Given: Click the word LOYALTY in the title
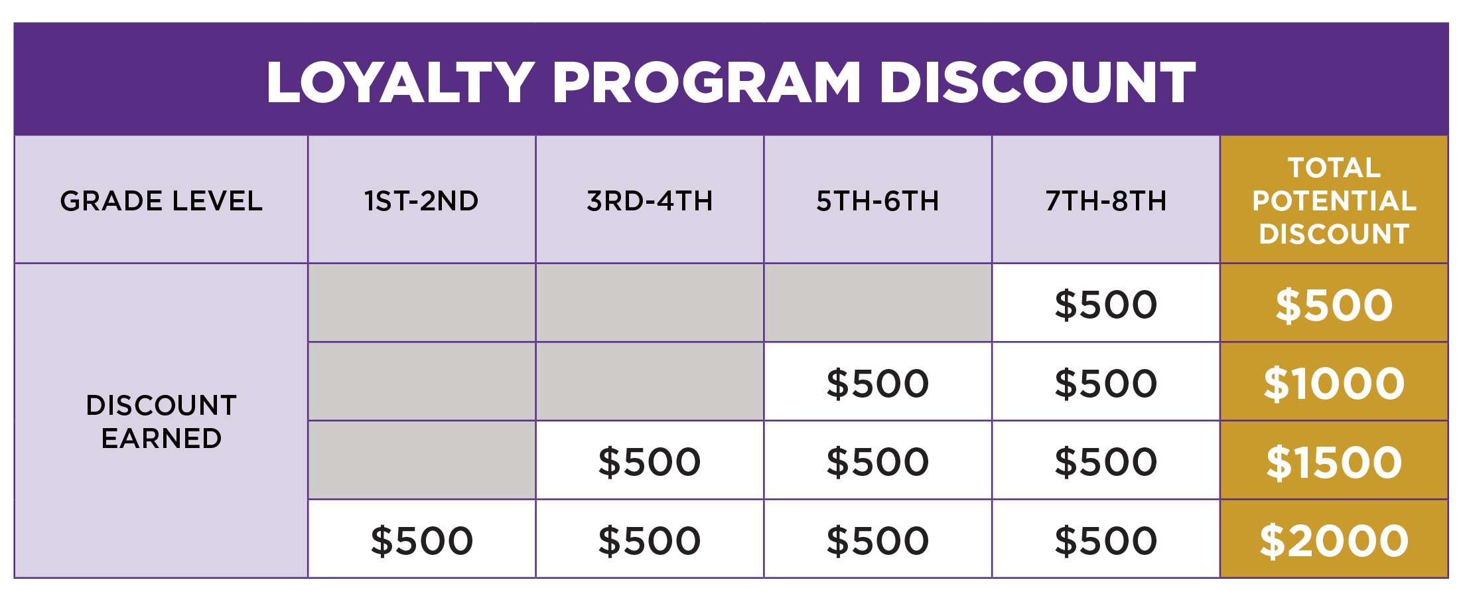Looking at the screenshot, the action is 400,82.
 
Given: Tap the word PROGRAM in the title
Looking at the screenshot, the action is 707,82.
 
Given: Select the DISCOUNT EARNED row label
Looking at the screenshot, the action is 161,421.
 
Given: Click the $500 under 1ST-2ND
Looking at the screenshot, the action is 421,540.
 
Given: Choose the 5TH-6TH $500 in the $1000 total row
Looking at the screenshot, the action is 878,383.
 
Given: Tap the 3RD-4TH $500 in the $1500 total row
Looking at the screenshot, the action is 650,461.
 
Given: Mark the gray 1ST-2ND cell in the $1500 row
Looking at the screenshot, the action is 422,460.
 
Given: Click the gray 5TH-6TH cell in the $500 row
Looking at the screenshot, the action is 878,303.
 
